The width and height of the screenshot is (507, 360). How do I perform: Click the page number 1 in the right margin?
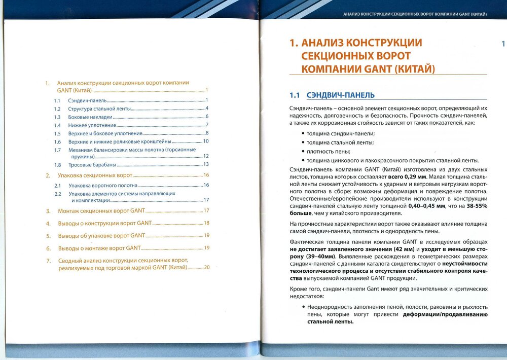[503, 44]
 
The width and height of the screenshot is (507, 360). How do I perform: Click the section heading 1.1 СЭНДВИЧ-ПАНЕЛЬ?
[332, 95]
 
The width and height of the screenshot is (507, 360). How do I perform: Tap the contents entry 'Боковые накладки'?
[90, 117]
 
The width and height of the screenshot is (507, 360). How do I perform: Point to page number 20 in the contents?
[206, 267]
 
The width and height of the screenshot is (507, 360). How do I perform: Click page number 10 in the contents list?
[206, 141]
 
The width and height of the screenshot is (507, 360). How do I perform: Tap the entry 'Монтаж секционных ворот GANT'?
[101, 210]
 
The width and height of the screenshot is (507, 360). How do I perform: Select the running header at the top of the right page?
[415, 14]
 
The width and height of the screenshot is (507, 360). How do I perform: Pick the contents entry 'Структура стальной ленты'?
[99, 109]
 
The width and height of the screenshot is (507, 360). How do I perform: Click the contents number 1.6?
[57, 142]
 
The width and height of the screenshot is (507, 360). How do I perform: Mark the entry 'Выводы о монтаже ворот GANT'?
[99, 248]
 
